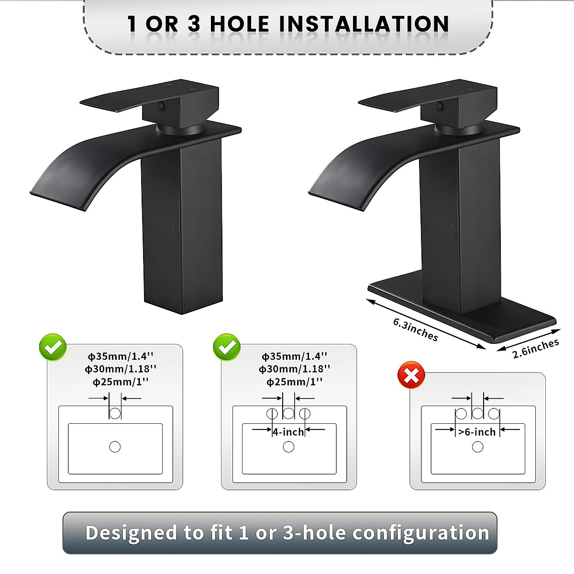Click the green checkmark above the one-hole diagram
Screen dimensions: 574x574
53,347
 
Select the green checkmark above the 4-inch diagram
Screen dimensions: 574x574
227,347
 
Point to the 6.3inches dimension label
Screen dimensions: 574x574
415,330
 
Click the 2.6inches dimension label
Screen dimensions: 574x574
536,348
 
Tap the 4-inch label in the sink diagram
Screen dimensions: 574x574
288,432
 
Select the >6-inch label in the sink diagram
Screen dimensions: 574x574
477,432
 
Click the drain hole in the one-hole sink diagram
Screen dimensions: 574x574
115,447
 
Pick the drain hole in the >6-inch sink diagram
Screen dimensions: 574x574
477,447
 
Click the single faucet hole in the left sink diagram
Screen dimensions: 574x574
115,413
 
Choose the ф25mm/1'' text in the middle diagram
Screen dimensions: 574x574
295,382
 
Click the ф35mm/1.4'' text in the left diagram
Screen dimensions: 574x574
121,356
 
